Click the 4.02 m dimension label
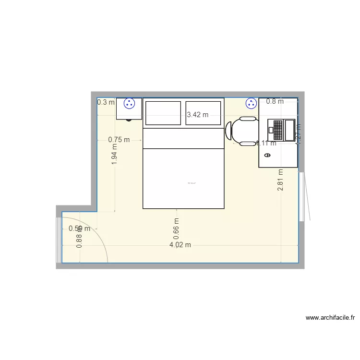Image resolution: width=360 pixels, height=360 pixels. point(180,245)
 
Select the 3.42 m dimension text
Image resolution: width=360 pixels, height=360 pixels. point(198,115)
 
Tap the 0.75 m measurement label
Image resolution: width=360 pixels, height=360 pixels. point(119,140)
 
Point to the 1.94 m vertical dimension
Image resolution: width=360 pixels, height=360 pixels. point(114,155)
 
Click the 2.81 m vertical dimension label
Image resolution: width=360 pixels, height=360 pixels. point(280,180)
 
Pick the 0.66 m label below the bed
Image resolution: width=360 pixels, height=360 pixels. point(177,229)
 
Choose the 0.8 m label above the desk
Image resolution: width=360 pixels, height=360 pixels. point(275,101)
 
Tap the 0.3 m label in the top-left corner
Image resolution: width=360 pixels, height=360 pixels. point(106,102)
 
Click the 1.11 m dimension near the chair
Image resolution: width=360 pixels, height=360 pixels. point(266,143)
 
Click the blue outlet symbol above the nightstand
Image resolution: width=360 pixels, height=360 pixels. point(129,103)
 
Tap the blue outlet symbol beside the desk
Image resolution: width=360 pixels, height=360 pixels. point(251,103)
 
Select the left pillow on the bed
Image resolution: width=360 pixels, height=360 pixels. point(163,113)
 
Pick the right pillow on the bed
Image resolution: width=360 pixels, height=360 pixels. point(204,113)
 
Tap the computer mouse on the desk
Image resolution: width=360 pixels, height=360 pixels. point(267,155)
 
